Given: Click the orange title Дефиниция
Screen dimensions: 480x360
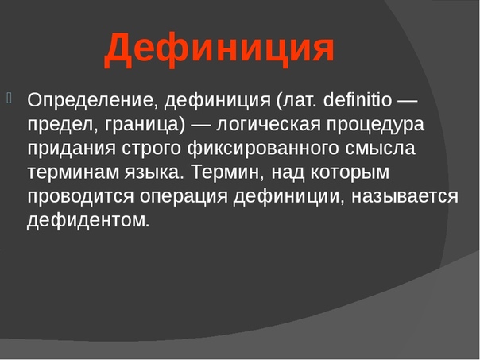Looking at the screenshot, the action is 219,50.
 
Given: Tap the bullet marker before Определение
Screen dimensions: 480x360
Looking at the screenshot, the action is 9,99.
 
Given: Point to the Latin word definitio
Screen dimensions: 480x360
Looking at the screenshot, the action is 358,99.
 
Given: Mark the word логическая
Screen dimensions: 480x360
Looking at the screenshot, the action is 269,125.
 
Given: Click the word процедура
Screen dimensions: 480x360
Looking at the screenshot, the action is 375,126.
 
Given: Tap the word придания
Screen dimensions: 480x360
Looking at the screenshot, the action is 72,149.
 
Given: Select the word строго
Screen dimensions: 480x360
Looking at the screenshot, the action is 152,149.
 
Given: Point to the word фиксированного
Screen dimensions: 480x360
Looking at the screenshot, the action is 263,148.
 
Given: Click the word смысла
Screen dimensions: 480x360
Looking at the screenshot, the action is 380,149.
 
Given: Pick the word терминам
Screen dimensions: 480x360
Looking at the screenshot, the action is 73,173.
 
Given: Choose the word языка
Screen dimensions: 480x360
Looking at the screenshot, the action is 152,173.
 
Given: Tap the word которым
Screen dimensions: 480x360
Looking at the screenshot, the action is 350,173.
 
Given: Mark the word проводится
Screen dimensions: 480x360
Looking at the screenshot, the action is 80,197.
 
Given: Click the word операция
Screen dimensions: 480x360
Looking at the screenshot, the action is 184,197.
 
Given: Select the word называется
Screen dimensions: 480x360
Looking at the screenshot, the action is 405,197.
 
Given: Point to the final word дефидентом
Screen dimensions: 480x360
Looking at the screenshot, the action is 88,220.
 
